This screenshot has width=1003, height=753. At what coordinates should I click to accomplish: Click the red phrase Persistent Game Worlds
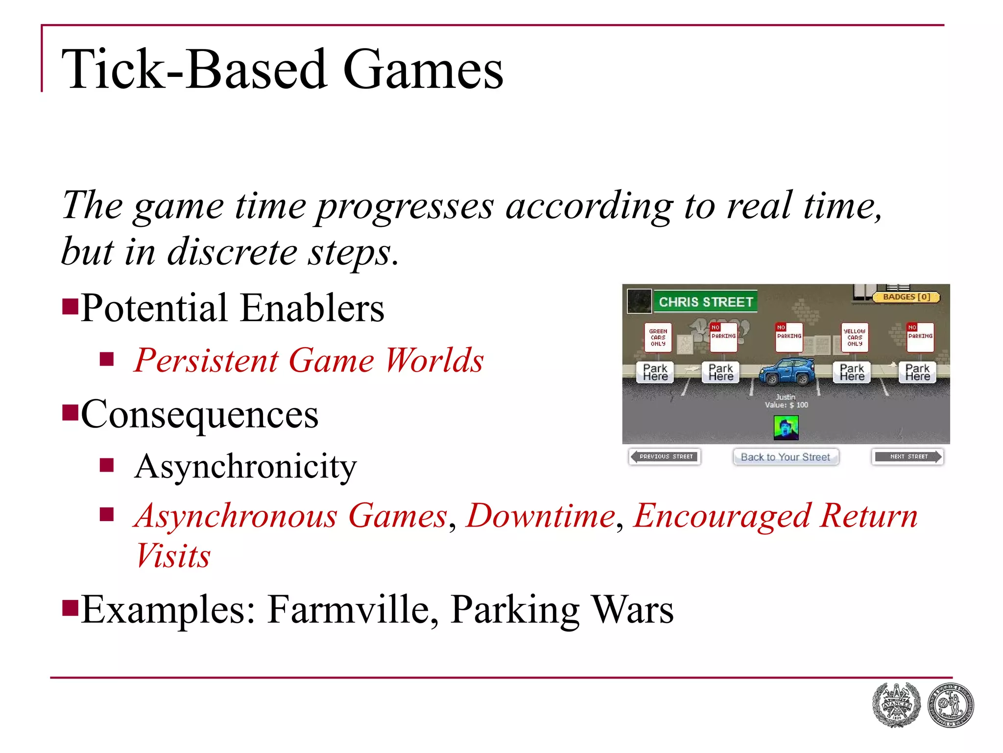(309, 361)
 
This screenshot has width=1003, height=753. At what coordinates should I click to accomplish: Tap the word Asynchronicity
(245, 466)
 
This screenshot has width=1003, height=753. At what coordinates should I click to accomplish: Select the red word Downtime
(541, 516)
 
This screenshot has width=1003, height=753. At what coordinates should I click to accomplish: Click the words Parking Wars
(562, 609)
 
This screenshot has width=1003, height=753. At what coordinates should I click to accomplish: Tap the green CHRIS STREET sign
(705, 301)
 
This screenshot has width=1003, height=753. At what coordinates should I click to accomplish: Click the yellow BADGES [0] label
(906, 297)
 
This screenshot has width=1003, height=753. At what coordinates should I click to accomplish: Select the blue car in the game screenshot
(787, 372)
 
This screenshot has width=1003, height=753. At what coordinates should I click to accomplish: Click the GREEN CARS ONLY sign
(658, 337)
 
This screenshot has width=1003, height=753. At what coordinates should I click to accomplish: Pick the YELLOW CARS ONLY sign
(855, 337)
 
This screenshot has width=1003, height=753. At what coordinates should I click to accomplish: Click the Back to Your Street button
(785, 457)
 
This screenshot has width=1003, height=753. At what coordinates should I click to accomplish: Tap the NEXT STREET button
(907, 456)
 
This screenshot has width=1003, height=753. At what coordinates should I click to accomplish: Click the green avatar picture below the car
(786, 428)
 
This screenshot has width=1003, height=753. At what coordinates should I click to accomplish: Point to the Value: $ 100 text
(787, 405)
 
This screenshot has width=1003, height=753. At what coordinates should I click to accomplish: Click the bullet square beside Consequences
(71, 413)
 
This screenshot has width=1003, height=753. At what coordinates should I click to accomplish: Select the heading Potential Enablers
(232, 308)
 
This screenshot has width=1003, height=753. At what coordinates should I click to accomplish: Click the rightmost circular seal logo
(951, 705)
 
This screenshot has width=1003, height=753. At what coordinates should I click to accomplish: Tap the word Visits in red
(173, 556)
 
